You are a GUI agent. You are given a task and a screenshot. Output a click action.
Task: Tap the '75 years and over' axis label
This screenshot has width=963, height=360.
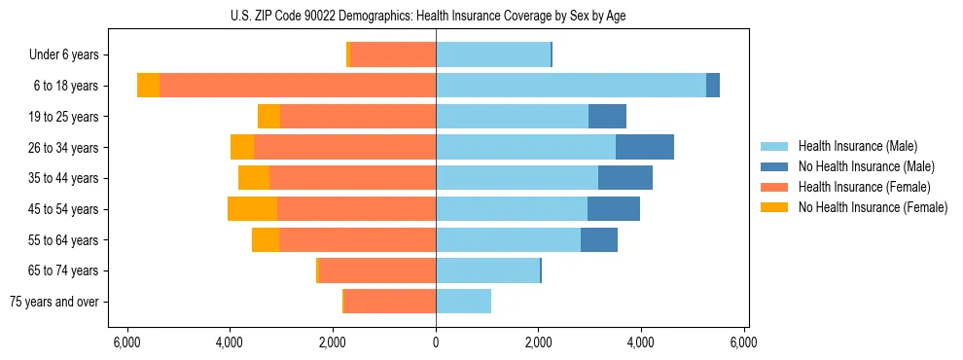click(x=54, y=302)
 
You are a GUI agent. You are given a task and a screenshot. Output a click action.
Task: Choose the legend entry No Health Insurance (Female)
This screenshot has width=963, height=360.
click(x=873, y=207)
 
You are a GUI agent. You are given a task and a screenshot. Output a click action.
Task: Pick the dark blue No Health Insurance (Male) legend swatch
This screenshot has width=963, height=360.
click(x=775, y=166)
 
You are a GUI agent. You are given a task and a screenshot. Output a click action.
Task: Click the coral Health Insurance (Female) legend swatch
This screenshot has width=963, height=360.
click(x=775, y=187)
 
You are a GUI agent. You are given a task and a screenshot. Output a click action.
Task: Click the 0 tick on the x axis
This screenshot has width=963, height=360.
click(x=436, y=342)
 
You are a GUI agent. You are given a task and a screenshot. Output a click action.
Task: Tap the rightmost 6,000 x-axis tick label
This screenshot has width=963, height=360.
click(x=744, y=342)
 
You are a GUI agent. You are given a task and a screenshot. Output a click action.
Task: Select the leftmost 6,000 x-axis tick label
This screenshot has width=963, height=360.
click(x=126, y=342)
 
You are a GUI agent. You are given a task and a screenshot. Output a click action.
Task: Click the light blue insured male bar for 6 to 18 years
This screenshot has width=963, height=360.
click(x=571, y=86)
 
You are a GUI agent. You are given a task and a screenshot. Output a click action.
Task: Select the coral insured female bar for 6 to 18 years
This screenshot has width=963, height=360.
click(x=298, y=86)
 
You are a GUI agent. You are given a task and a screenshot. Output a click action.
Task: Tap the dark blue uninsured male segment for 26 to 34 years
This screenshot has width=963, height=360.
click(x=645, y=147)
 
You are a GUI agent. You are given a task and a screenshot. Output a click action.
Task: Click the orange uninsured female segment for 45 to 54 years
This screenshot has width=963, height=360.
click(x=252, y=209)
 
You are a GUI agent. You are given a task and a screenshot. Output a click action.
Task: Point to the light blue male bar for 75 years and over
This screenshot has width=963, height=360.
click(x=463, y=302)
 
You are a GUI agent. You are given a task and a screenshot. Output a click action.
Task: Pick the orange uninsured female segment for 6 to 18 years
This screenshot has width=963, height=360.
click(x=148, y=86)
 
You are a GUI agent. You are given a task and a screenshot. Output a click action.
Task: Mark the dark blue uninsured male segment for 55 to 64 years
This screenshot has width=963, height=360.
click(x=599, y=239)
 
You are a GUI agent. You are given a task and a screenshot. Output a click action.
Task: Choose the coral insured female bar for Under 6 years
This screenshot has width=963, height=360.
click(x=393, y=55)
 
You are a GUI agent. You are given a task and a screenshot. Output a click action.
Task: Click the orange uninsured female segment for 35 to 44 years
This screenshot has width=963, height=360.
click(x=254, y=178)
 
